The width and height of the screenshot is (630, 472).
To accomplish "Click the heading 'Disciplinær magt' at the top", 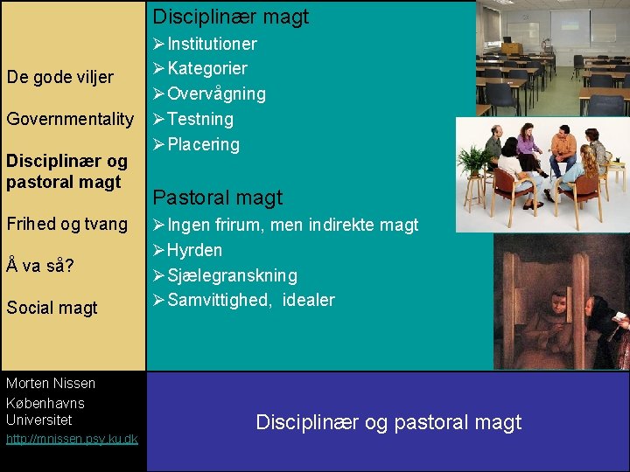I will click(231, 17).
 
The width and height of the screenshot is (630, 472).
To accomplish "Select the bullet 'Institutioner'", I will click(212, 44).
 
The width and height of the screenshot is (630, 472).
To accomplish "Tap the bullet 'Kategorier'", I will click(207, 68).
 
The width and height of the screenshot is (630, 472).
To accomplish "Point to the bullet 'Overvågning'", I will click(216, 94).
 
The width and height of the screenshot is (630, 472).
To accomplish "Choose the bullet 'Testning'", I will click(200, 119).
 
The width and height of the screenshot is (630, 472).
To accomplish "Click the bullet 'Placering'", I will click(203, 144).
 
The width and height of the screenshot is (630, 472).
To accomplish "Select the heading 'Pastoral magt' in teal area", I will click(218, 198).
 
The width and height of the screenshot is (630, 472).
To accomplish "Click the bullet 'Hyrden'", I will click(194, 250).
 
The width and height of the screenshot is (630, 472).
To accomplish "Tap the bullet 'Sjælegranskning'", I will click(232, 275).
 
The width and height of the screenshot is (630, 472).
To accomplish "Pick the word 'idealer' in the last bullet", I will click(309, 301).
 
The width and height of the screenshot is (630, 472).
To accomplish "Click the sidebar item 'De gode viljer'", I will click(59, 77).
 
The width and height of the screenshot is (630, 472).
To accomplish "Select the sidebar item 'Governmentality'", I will click(70, 119).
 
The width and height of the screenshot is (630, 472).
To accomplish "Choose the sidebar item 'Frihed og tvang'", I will click(67, 224).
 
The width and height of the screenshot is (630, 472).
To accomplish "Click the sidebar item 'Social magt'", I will click(52, 308).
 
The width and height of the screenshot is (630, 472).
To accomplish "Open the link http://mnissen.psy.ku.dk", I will click(71, 439).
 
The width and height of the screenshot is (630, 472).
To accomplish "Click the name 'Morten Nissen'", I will click(51, 383).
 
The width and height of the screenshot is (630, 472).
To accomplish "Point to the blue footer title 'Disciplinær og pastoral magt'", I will click(388, 422).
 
